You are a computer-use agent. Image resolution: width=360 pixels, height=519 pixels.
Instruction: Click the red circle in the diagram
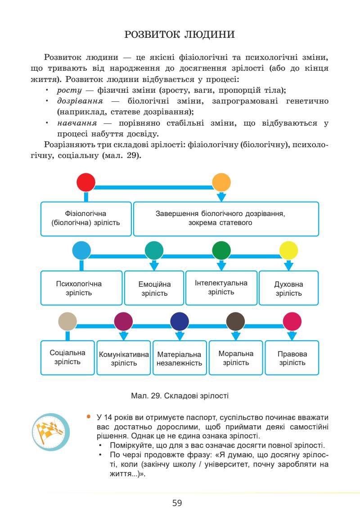click(86, 182)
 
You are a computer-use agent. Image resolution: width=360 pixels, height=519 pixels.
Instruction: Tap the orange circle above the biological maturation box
click(221, 182)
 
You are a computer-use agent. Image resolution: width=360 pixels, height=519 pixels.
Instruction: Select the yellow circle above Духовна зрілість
click(289, 251)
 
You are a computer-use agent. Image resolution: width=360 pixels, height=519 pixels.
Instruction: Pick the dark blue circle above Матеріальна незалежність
click(180, 321)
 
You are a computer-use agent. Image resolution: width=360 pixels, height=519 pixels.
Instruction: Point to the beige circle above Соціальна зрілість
click(67, 321)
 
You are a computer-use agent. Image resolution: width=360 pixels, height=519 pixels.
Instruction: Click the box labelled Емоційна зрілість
click(154, 289)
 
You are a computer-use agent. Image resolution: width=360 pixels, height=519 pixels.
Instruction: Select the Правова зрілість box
click(292, 358)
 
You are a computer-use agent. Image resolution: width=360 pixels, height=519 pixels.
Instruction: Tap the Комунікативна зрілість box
click(124, 358)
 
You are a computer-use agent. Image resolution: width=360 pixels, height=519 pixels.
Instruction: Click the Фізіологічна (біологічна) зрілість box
click(86, 218)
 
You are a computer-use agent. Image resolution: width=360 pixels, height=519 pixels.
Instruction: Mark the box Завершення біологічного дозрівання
click(226, 218)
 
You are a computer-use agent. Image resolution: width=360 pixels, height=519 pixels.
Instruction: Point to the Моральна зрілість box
click(236, 358)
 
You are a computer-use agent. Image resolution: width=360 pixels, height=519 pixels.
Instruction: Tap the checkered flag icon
click(51, 432)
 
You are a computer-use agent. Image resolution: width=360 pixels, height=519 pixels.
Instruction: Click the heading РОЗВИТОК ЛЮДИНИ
click(180, 34)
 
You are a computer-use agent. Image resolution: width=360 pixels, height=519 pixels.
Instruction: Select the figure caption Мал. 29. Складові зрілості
click(180, 396)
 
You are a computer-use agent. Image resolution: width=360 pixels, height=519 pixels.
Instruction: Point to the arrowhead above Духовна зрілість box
click(289, 266)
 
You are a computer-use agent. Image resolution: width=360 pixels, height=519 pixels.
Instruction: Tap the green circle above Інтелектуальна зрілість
click(221, 251)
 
